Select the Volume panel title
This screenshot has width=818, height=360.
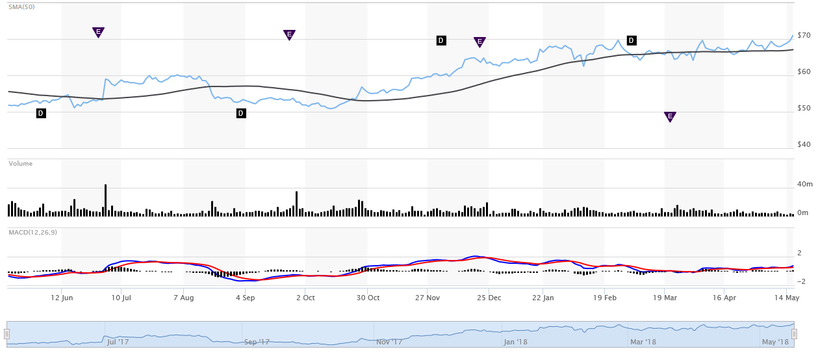pos(20,164)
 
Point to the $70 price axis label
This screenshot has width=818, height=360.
pos(804,35)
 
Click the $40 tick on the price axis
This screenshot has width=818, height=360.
pos(804,144)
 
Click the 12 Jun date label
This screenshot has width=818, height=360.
pos(61,298)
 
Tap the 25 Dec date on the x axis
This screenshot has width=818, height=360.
pos(489,298)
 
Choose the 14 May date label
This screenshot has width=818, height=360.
pos(787,298)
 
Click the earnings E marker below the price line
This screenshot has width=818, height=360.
pos(670,116)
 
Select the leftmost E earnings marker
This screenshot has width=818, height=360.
pos(98,32)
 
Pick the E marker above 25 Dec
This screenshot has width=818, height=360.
pos(479,42)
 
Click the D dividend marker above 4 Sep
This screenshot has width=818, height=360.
pos(241,113)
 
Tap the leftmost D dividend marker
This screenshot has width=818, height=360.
pos(41,113)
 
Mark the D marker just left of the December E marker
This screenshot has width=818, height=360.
pos(441,40)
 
